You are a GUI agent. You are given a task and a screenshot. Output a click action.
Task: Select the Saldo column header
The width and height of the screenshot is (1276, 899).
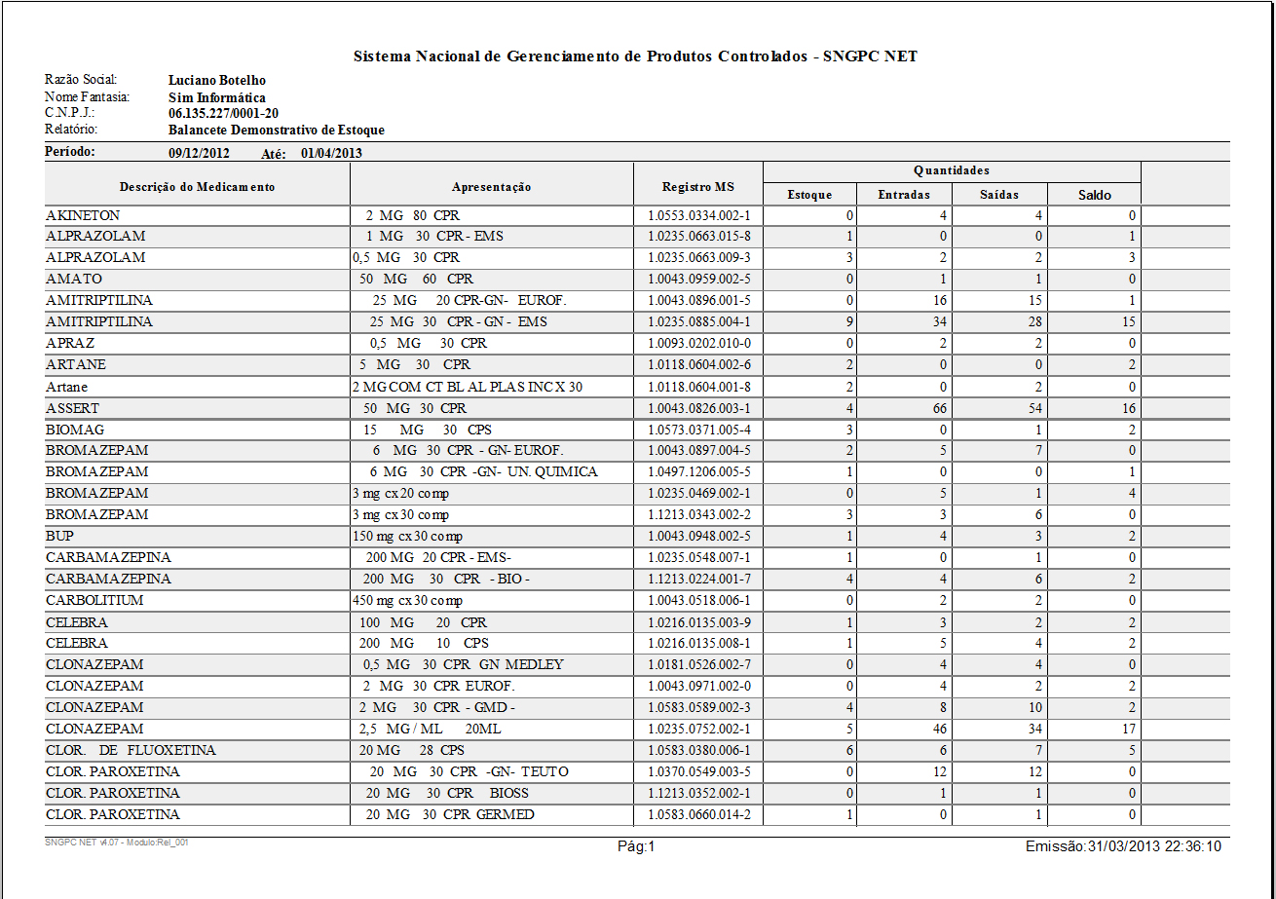pyautogui.click(x=1094, y=195)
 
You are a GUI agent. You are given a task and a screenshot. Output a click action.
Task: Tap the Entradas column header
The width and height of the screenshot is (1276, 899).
pyautogui.click(x=903, y=195)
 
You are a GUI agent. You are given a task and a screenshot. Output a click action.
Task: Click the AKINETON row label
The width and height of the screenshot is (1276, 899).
pyautogui.click(x=83, y=215)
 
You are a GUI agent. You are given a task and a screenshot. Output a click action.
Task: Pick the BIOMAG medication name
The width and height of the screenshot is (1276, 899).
pyautogui.click(x=75, y=430)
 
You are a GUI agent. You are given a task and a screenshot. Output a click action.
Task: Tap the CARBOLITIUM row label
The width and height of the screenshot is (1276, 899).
pyautogui.click(x=94, y=601)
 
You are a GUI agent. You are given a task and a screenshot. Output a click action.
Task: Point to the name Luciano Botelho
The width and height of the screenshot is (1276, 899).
pyautogui.click(x=217, y=81)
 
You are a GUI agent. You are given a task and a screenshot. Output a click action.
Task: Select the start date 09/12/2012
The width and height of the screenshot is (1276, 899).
pyautogui.click(x=199, y=153)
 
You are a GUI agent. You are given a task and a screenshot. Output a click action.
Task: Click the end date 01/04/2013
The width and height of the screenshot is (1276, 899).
pyautogui.click(x=331, y=153)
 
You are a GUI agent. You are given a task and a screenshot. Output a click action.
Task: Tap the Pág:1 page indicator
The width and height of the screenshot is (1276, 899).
pyautogui.click(x=637, y=847)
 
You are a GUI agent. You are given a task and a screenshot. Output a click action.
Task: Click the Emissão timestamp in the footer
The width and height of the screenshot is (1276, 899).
pyautogui.click(x=1123, y=847)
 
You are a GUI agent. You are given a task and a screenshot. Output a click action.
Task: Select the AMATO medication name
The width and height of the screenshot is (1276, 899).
pyautogui.click(x=73, y=280)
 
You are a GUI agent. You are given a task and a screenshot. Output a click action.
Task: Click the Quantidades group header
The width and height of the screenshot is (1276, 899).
pyautogui.click(x=951, y=170)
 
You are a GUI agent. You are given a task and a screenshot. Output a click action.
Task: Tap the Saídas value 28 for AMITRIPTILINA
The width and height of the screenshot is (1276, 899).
pyautogui.click(x=1033, y=322)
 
